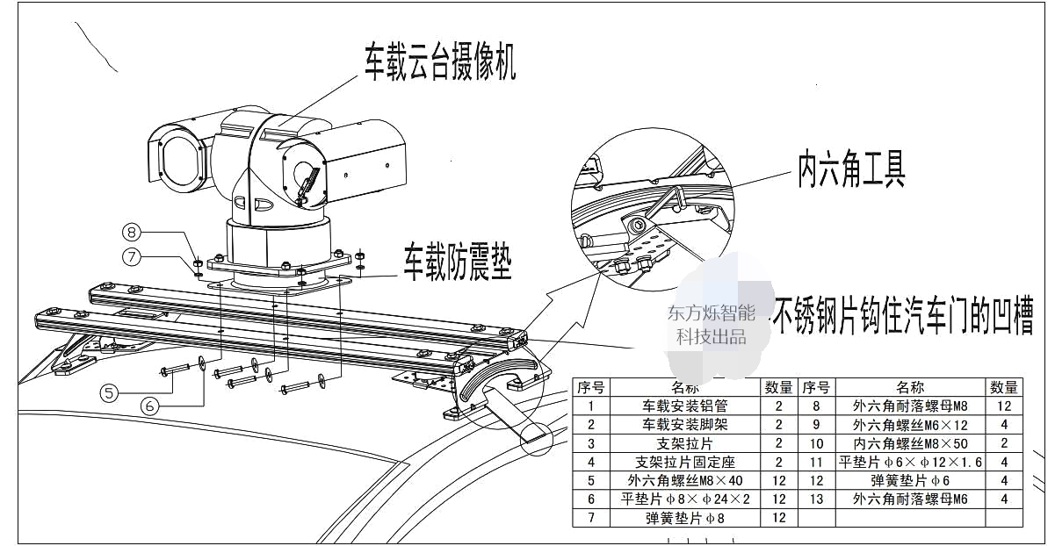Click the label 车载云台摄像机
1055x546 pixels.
click(440, 61)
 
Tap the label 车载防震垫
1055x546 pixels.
click(457, 262)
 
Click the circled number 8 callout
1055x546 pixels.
click(132, 233)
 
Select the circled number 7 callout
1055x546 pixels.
click(132, 258)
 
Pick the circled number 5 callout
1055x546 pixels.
click(108, 393)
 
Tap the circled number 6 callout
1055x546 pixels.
click(150, 406)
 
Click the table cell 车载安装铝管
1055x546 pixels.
click(685, 406)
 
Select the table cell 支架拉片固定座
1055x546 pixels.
click(685, 462)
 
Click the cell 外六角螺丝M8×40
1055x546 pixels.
click(685, 480)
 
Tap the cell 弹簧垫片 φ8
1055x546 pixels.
click(685, 518)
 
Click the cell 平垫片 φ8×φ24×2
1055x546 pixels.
click(685, 499)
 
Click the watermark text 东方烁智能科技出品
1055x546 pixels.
click(711, 324)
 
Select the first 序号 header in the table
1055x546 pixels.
click(590, 387)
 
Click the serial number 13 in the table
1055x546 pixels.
click(816, 499)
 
